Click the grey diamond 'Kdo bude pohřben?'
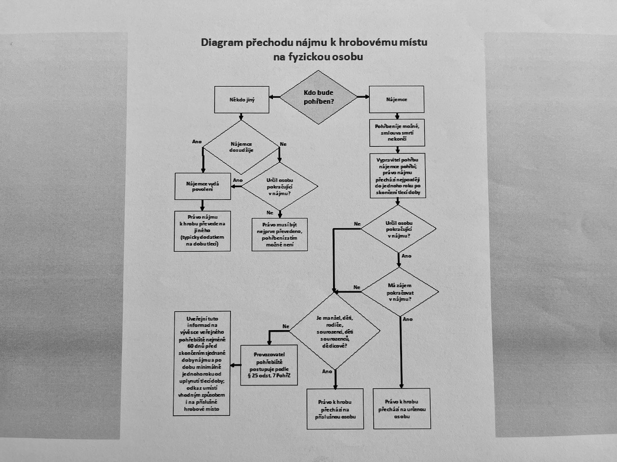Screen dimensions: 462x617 point(319,97)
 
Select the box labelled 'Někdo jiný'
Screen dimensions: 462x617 point(242,100)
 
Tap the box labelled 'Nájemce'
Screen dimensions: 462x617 point(396,100)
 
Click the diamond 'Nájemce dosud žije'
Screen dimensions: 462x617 point(241,147)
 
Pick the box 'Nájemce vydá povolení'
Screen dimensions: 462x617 point(202,186)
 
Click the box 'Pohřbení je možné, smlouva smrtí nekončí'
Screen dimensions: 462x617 point(397,132)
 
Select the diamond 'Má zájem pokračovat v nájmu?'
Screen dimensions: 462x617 point(400,292)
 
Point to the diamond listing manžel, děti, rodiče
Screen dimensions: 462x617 point(335,332)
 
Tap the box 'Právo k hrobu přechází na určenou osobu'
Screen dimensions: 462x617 point(402,409)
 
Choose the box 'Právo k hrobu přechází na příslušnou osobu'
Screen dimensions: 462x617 point(335,409)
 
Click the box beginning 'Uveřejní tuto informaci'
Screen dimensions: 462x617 point(201,363)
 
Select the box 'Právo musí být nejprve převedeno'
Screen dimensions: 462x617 point(280,234)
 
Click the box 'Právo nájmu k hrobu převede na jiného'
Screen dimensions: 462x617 point(202,231)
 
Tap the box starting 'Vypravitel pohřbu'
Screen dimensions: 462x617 point(398,176)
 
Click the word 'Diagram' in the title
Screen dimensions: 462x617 point(222,42)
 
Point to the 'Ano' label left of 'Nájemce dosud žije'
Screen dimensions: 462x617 point(197,141)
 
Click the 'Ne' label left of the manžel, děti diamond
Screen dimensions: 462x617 point(286,326)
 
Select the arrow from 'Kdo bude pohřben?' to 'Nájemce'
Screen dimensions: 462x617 point(363,97)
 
